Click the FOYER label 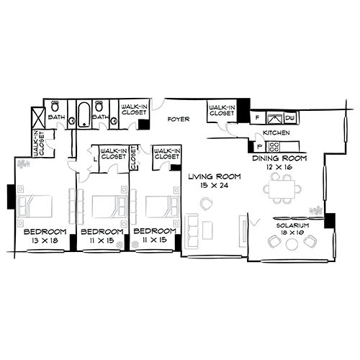(179, 120)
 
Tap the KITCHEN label (276, 134)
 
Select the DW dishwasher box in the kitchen (290, 117)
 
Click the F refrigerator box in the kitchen (257, 117)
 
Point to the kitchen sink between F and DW (274, 117)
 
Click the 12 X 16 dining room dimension (279, 166)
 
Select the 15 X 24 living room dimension (210, 186)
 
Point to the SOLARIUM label (292, 225)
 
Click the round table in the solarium (292, 243)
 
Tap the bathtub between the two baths (84, 113)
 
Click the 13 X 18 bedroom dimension (45, 242)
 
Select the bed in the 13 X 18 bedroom (36, 204)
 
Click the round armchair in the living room (207, 204)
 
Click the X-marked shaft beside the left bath (37, 116)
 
